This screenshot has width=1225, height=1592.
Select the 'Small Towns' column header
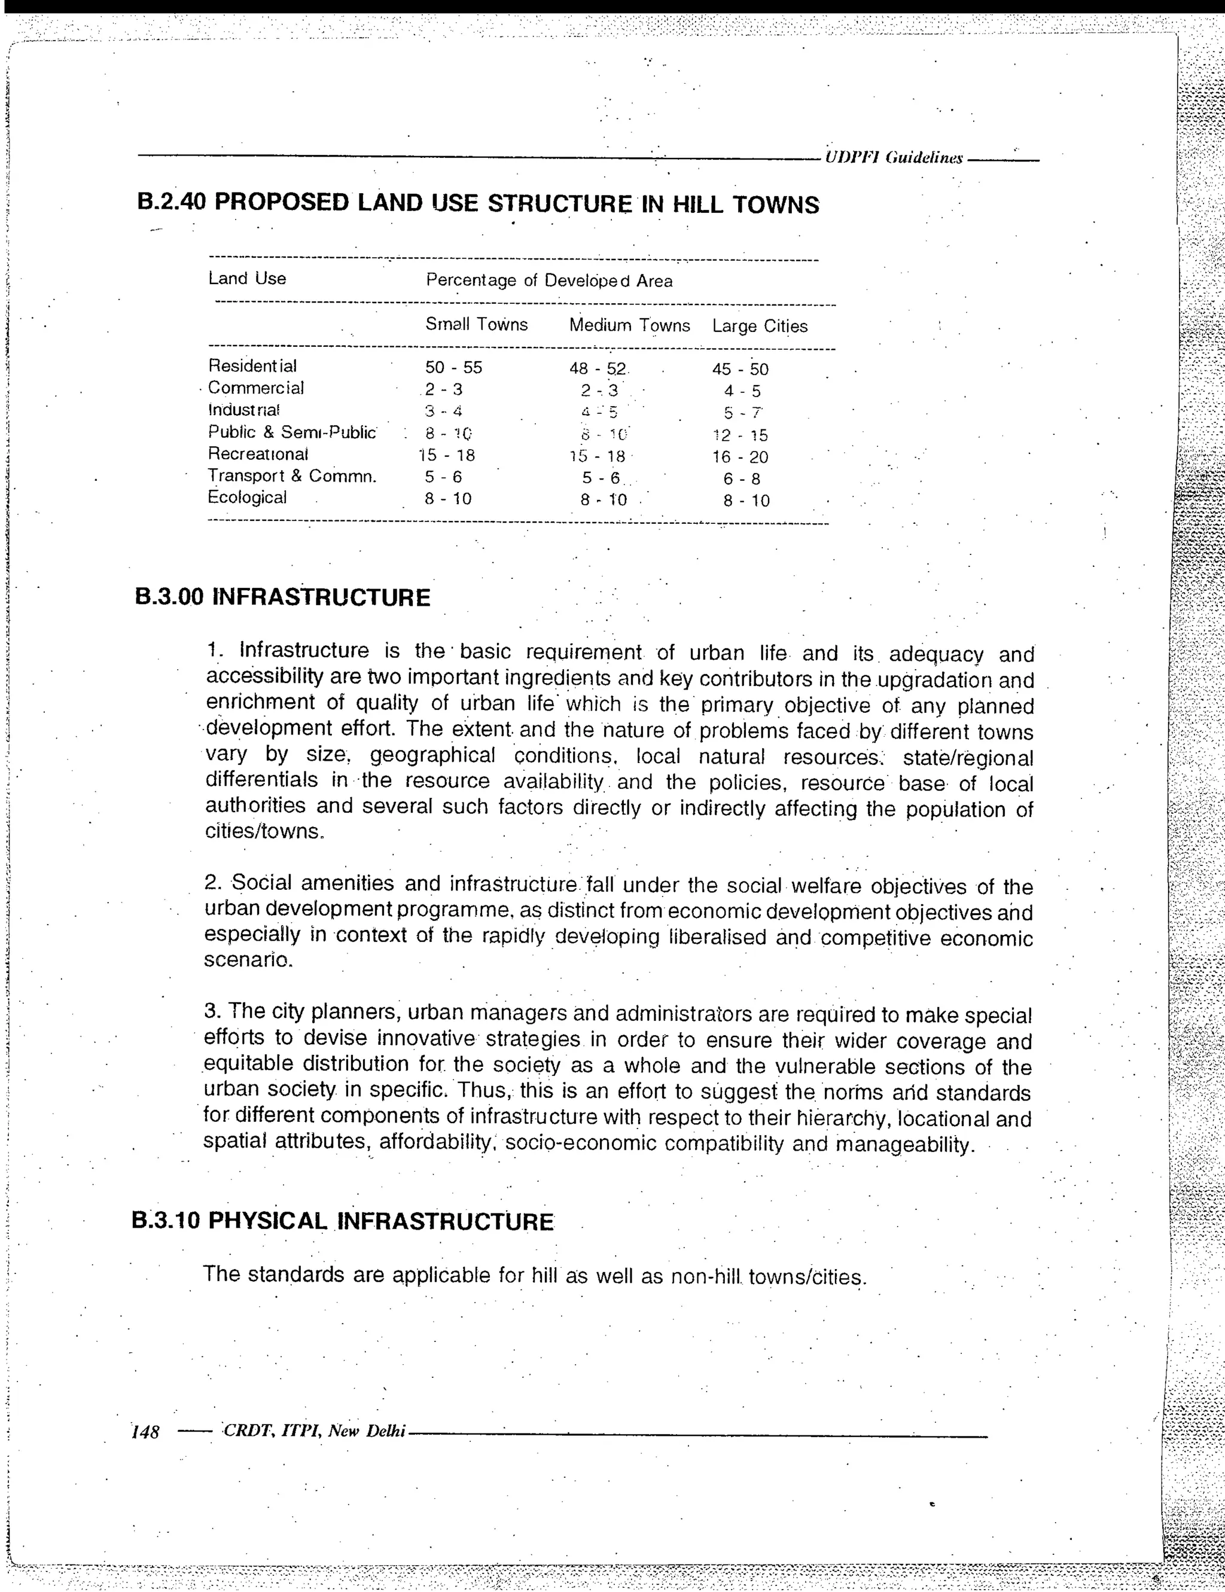click(476, 324)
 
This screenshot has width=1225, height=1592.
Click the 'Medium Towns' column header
click(629, 325)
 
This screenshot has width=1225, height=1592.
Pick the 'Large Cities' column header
click(760, 326)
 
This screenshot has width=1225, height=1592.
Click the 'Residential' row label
click(252, 366)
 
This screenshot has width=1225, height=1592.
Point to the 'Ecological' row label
click(247, 497)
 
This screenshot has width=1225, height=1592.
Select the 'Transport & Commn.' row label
click(292, 476)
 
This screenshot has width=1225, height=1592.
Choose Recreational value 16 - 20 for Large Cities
click(740, 457)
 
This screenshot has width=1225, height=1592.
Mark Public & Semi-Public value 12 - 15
click(740, 435)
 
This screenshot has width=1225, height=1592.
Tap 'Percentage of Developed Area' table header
click(549, 280)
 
